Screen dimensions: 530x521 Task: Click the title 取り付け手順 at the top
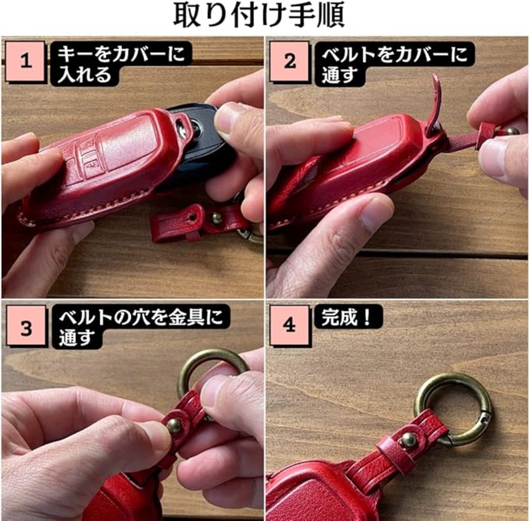(259, 15)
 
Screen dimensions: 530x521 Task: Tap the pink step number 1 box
(25, 61)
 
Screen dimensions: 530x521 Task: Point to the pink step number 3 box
(26, 326)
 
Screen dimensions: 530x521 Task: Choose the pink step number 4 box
(289, 326)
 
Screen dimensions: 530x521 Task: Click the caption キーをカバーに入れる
(121, 64)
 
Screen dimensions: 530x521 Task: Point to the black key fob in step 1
(201, 143)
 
